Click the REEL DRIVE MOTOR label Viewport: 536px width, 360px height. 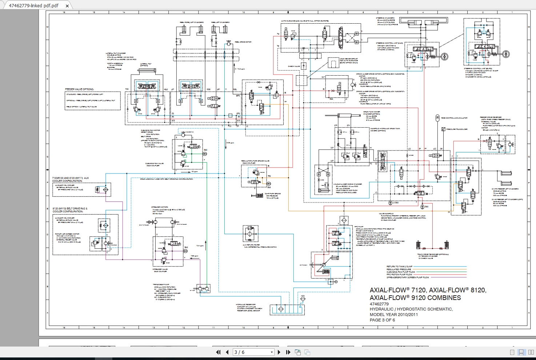click(243, 42)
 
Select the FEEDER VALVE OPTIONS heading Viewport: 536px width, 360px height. click(79, 89)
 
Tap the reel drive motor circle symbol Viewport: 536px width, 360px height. click(228, 43)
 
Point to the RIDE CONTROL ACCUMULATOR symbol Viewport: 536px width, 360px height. click(437, 118)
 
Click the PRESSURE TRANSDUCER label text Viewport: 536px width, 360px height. click(457, 129)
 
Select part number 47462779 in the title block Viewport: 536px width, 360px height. click(379, 304)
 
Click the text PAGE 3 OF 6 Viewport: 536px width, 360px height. click(382, 320)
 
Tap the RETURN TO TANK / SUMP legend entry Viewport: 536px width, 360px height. click(399, 267)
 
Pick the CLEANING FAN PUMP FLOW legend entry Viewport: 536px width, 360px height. click(401, 272)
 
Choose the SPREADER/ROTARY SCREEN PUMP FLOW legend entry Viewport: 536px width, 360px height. click(407, 277)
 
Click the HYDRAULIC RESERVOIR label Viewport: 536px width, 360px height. click(245, 305)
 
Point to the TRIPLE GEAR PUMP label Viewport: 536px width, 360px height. click(161, 285)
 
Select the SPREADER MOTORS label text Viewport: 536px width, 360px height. click(160, 207)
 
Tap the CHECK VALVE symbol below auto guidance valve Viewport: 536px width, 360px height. click(304, 66)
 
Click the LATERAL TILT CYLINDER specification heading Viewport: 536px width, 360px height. click(116, 53)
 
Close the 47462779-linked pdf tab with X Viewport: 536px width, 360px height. click(67, 6)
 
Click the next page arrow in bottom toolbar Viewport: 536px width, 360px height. click(279, 352)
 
